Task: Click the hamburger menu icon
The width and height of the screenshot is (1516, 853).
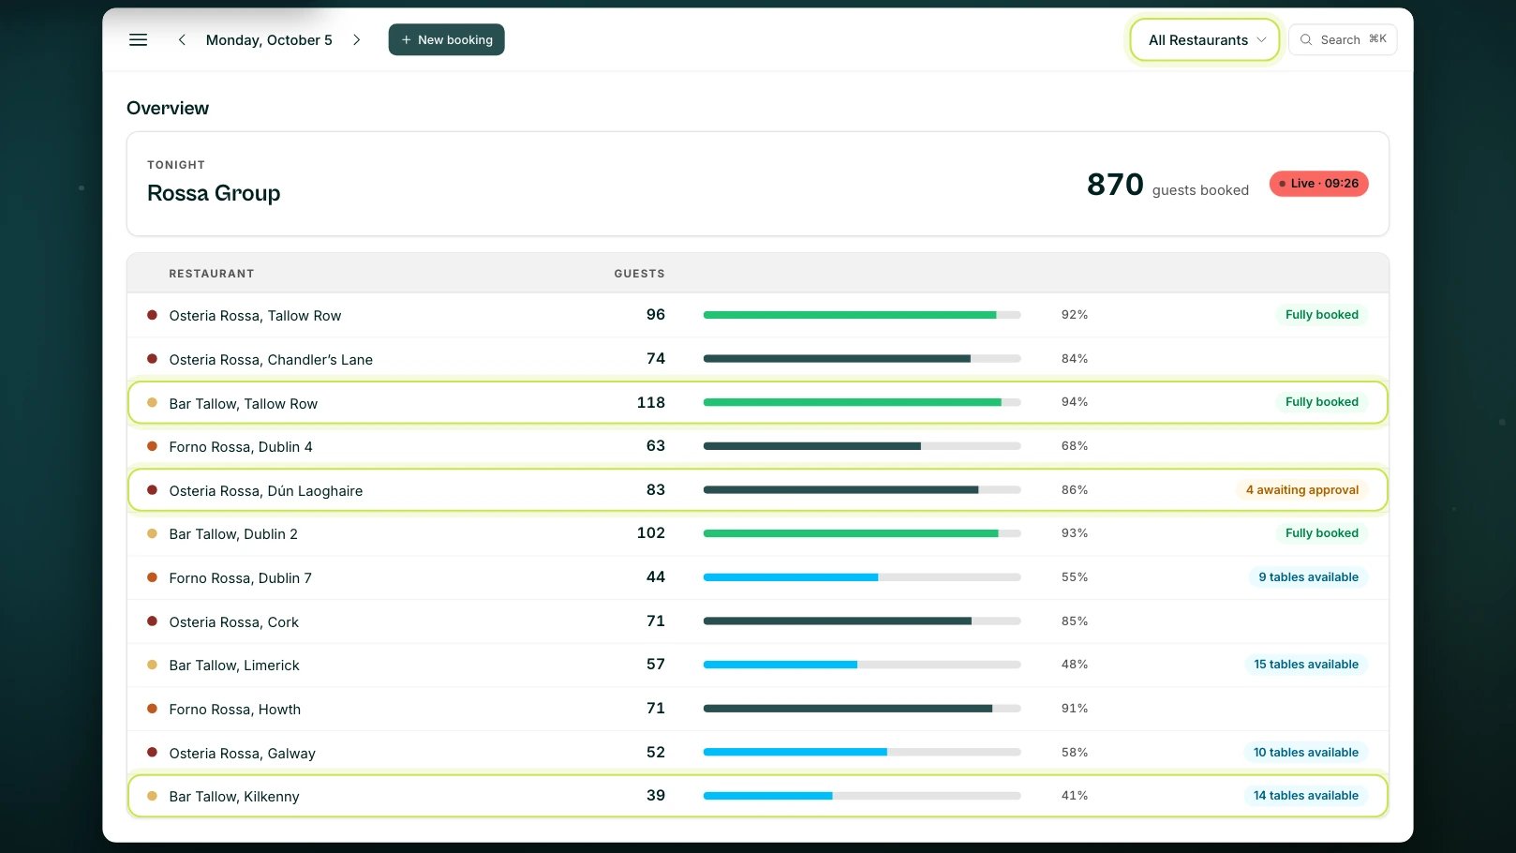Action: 138,40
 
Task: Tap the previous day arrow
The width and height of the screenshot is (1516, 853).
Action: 182,40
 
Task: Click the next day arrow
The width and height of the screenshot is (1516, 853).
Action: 357,40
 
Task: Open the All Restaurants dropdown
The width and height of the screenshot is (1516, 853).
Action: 1205,40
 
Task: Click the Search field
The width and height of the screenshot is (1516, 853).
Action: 1343,40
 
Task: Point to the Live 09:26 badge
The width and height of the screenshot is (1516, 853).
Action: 1318,184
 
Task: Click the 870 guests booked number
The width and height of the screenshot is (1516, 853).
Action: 1115,184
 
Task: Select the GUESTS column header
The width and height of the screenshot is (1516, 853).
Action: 640,274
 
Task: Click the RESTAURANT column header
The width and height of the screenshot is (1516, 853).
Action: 212,274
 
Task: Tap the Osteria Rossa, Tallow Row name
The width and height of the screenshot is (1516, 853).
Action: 255,316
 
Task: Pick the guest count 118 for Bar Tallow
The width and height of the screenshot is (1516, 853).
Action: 651,402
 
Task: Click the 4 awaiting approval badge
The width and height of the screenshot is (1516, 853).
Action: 1302,489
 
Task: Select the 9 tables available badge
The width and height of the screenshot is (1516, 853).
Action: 1308,576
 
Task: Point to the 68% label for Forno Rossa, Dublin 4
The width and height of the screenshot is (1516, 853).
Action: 1075,445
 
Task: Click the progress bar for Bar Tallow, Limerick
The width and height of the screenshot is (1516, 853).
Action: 862,665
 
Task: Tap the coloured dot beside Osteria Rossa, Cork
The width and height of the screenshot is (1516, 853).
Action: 153,621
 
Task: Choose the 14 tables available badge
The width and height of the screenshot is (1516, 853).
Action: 1305,796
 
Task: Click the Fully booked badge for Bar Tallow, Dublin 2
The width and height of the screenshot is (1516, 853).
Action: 1322,532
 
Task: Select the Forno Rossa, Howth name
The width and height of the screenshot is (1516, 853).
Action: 235,709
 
